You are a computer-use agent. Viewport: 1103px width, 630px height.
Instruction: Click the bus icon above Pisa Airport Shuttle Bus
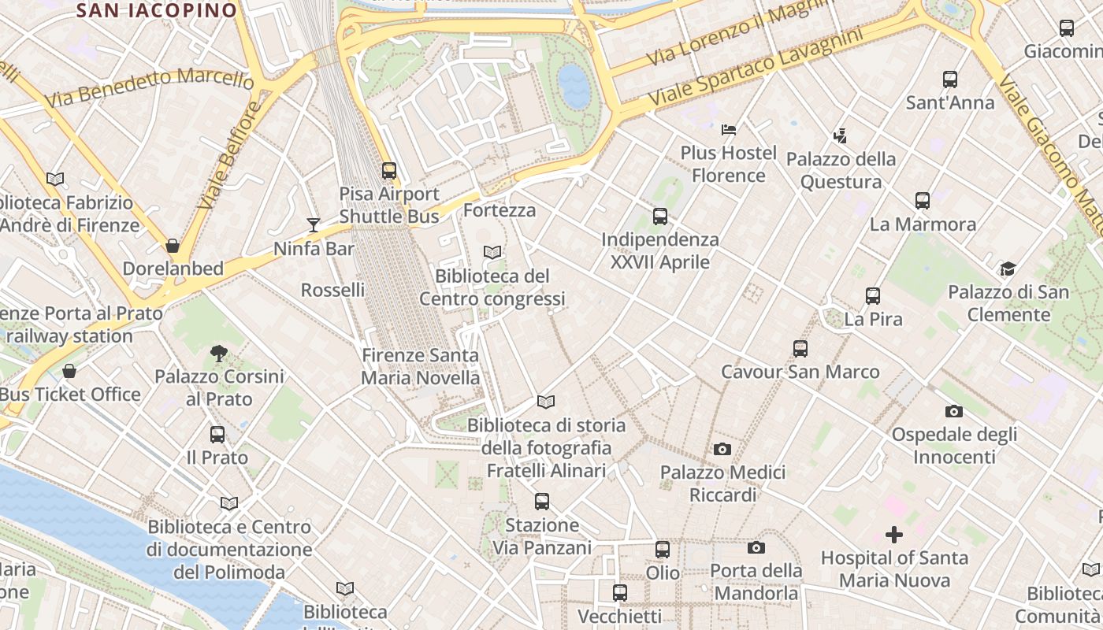point(388,170)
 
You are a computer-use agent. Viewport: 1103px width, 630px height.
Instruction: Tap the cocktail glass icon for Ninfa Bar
point(314,225)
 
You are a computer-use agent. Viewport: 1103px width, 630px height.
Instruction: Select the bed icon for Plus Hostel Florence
point(729,129)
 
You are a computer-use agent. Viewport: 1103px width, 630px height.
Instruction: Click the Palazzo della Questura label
point(841,170)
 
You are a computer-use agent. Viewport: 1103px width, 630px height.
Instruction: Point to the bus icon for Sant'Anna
point(950,79)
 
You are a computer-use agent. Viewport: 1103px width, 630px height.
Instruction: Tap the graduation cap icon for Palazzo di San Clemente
point(1008,269)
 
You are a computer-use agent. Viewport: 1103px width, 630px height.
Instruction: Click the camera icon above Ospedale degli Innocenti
point(954,411)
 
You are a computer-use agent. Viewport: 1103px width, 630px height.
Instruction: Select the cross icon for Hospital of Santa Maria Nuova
point(893,535)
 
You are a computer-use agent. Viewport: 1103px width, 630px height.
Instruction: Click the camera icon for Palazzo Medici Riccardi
point(722,449)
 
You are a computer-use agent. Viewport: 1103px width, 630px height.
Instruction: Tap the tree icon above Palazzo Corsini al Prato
point(219,353)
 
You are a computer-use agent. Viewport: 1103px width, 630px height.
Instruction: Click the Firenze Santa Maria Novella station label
point(420,366)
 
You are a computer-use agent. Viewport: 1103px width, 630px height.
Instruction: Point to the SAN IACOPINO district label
point(158,10)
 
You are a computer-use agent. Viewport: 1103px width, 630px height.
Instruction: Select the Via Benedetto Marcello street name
point(150,87)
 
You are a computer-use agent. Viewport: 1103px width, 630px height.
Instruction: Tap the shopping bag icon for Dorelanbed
point(173,246)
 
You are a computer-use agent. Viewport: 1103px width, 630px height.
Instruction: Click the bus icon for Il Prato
point(217,434)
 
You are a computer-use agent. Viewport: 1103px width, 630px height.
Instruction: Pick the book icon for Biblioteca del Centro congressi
point(492,253)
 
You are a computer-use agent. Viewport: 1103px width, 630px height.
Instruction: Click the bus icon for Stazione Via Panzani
point(541,501)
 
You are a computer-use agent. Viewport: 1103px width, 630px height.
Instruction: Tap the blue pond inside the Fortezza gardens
point(574,85)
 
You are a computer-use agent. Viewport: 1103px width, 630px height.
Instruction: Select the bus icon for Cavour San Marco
point(800,348)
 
